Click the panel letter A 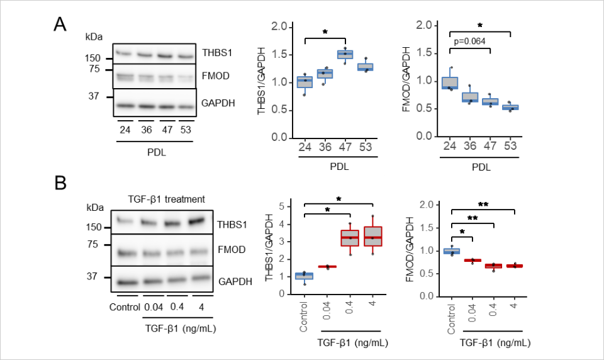(60, 25)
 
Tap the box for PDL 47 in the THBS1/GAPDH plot (345, 54)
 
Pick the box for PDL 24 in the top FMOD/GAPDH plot (449, 82)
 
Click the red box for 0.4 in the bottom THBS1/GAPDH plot (350, 237)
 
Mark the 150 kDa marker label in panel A (94, 59)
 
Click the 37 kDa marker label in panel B (93, 276)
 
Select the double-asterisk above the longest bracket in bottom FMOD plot (483, 204)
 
